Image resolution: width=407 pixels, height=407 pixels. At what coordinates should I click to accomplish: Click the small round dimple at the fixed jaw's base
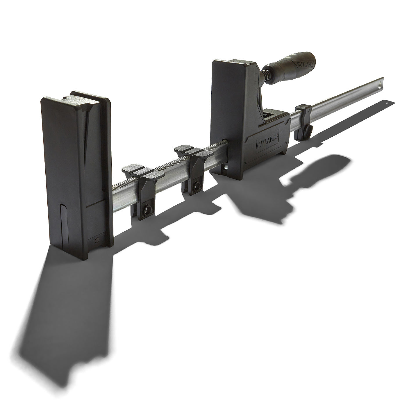click(97, 240)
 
